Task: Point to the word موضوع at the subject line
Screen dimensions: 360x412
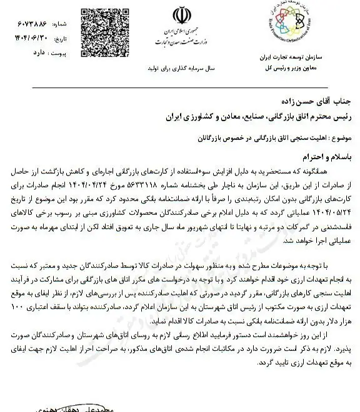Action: (x=337, y=135)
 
